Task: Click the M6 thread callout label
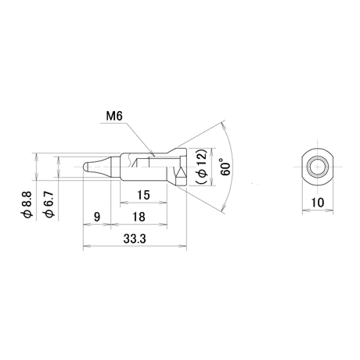click(114, 116)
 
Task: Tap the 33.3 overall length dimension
click(135, 239)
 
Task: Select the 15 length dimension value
click(143, 195)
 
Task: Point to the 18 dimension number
click(139, 217)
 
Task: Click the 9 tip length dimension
click(97, 217)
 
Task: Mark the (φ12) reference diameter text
click(201, 167)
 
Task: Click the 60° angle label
click(225, 167)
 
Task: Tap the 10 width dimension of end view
click(318, 203)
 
